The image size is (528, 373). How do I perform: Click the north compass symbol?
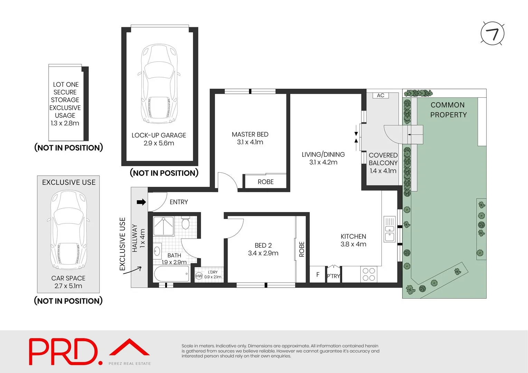click(x=492, y=34)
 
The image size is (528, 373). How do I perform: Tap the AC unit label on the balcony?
click(x=380, y=95)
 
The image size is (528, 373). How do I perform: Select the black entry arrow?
click(x=141, y=202)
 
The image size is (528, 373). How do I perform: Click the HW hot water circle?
click(x=199, y=276)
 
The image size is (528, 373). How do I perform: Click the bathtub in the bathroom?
click(x=171, y=274)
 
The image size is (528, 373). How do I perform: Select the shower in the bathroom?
click(x=163, y=226)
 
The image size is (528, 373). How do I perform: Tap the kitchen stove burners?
click(x=369, y=275)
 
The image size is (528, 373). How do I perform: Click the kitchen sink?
click(x=389, y=229)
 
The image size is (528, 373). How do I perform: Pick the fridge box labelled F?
click(x=318, y=275)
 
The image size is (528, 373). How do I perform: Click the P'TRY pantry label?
click(x=333, y=276)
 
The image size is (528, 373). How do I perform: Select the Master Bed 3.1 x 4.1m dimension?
click(x=250, y=142)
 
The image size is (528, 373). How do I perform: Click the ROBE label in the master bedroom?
click(x=265, y=182)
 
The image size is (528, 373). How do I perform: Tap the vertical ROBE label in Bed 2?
click(x=302, y=249)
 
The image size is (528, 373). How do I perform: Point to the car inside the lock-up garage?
click(x=159, y=84)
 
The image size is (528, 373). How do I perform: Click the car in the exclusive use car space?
click(x=68, y=230)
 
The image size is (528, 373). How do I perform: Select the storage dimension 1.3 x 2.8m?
click(x=65, y=123)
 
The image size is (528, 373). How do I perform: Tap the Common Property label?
click(x=448, y=110)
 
